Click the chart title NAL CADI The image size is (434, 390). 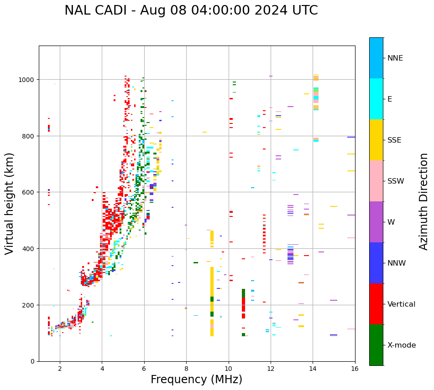[x=191, y=10]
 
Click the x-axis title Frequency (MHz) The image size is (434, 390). [x=196, y=380]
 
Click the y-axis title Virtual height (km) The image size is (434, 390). [x=10, y=203]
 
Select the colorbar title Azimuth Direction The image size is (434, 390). [x=424, y=201]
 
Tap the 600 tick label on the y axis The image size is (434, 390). [x=30, y=192]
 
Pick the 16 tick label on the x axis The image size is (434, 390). [x=355, y=369]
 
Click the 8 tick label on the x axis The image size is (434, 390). [x=186, y=369]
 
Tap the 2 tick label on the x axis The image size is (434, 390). [x=60, y=369]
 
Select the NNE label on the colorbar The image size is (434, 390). [x=395, y=58]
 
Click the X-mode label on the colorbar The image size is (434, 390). [x=402, y=345]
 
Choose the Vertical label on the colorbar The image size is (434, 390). [x=402, y=304]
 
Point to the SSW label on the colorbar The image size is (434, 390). [x=396, y=181]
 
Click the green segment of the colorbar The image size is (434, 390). [x=376, y=345]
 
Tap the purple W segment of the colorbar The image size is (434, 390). [x=376, y=222]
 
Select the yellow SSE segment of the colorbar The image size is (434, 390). [x=376, y=140]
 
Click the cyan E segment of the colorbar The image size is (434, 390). [x=376, y=99]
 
